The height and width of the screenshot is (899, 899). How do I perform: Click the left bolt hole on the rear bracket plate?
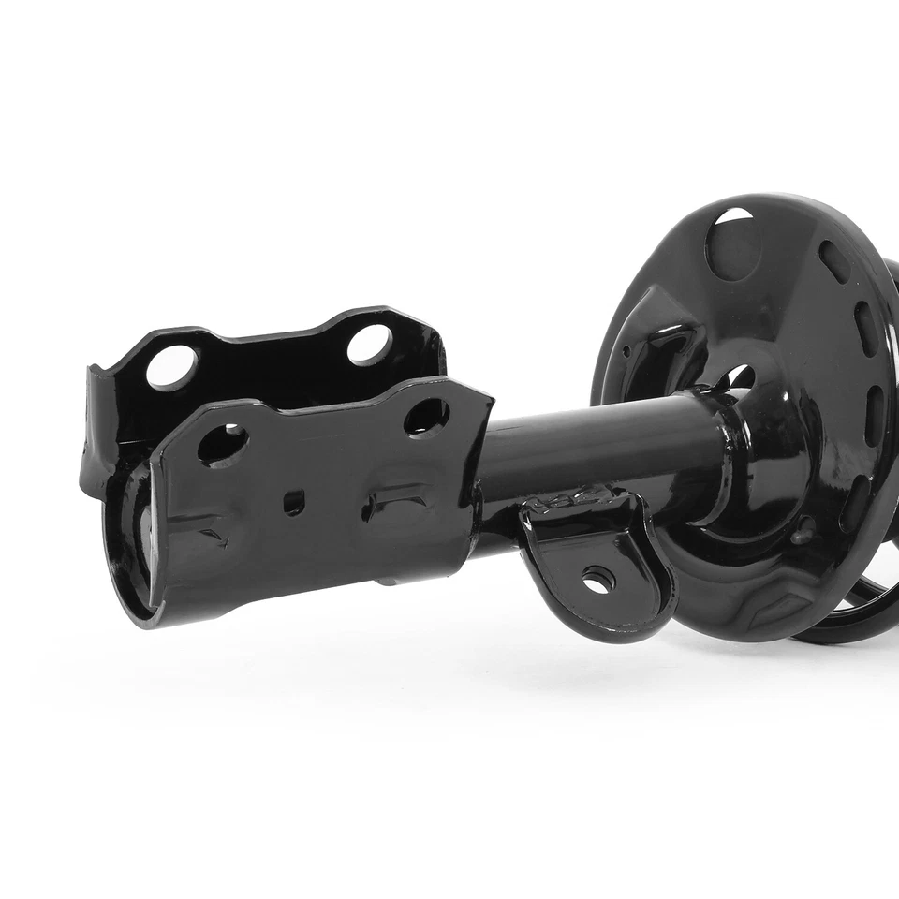click(x=172, y=366)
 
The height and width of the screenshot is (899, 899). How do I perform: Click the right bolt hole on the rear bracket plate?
click(x=370, y=345)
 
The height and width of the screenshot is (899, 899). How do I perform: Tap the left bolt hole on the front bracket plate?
click(x=222, y=444)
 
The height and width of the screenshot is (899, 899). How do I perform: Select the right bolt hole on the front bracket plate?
click(x=426, y=416)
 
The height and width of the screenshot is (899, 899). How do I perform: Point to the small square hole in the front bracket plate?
click(x=294, y=503)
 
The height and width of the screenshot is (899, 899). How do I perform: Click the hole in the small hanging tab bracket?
click(x=598, y=581)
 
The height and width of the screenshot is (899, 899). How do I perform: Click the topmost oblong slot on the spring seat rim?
click(x=833, y=261)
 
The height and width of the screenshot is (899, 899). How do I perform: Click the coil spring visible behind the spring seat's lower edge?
click(x=857, y=623)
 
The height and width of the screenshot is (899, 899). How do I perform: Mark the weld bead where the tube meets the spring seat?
click(x=726, y=459)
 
